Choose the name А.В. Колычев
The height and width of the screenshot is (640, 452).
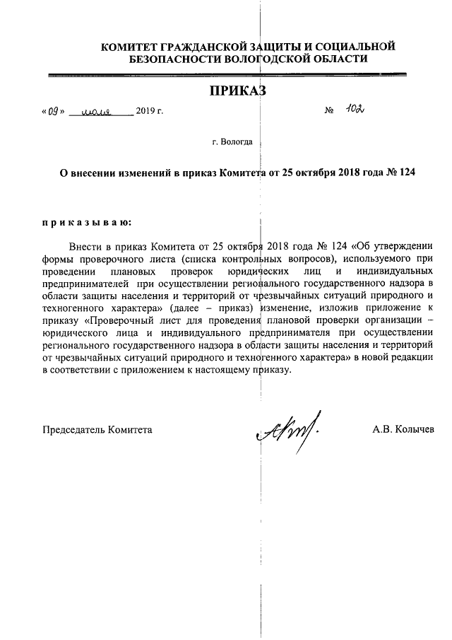pyautogui.click(x=403, y=429)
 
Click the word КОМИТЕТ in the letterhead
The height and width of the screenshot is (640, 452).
pyautogui.click(x=132, y=47)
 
